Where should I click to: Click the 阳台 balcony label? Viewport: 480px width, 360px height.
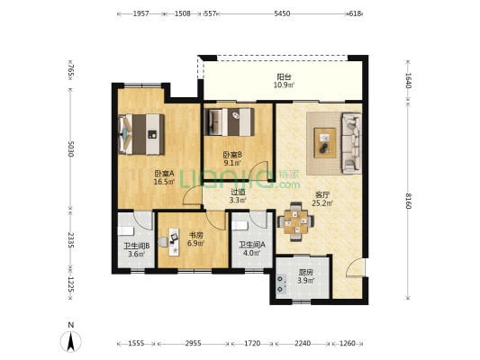pos(284,76)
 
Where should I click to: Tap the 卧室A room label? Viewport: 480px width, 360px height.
pos(164,174)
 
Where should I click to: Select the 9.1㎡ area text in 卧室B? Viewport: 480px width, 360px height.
pos(232,163)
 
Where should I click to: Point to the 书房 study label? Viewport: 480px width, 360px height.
pos(195,236)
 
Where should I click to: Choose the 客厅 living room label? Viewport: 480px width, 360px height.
pos(322,194)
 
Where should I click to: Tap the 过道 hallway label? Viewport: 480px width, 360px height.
pos(238,192)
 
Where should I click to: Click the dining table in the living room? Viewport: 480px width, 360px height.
pos(295,221)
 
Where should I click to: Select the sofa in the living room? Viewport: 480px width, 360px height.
pos(351,143)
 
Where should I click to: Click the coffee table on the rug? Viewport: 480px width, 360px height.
pos(325,143)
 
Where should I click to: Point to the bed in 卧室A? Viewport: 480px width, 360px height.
pos(141,134)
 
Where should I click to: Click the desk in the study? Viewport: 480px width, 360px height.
pos(174,241)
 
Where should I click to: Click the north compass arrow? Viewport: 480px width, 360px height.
pos(71,342)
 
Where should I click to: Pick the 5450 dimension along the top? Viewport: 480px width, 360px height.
pos(282,13)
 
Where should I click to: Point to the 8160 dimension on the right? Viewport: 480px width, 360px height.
pos(408,201)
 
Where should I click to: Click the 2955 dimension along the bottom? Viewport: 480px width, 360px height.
pos(193,344)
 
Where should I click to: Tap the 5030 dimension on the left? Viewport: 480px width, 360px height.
pos(71,148)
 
